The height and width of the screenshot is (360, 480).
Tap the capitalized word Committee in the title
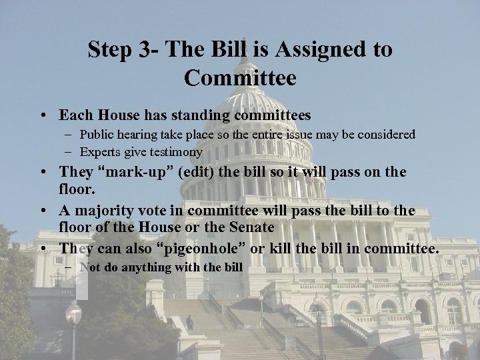pyautogui.click(x=240, y=79)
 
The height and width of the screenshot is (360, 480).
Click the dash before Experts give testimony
pyautogui.click(x=71, y=151)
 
